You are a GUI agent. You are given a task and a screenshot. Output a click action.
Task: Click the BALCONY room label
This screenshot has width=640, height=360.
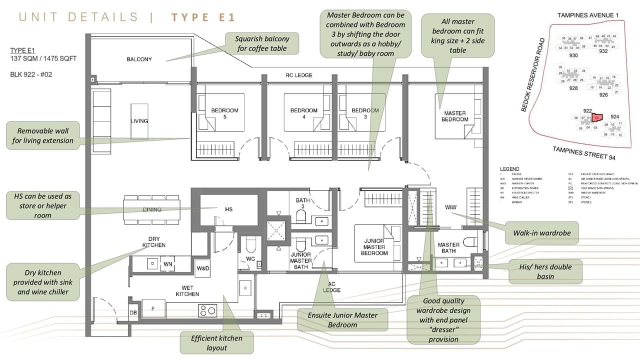click(139, 59)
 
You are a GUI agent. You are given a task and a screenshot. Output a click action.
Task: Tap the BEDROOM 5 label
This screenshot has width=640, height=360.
click(224, 113)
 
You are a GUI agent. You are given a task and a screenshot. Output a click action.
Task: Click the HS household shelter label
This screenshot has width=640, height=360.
click(228, 209)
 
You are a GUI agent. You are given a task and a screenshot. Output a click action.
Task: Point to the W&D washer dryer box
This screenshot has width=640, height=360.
click(203, 268)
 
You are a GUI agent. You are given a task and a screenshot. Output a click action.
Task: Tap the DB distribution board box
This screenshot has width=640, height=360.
click(133, 313)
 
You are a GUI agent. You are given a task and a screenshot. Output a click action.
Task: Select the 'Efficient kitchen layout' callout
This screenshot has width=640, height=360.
click(216, 342)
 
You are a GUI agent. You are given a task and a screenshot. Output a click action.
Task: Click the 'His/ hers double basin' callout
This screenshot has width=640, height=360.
click(545, 271)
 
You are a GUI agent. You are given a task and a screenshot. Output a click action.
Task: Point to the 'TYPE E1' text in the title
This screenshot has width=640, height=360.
click(203, 17)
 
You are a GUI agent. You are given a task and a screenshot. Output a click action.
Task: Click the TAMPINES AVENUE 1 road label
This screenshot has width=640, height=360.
click(588, 15)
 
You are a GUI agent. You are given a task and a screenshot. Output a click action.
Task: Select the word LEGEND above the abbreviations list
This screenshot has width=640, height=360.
click(509, 169)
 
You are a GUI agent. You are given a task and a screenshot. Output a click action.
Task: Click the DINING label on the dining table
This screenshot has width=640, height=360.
click(152, 209)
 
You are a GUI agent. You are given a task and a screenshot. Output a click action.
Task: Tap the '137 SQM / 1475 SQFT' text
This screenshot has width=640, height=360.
click(43, 58)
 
